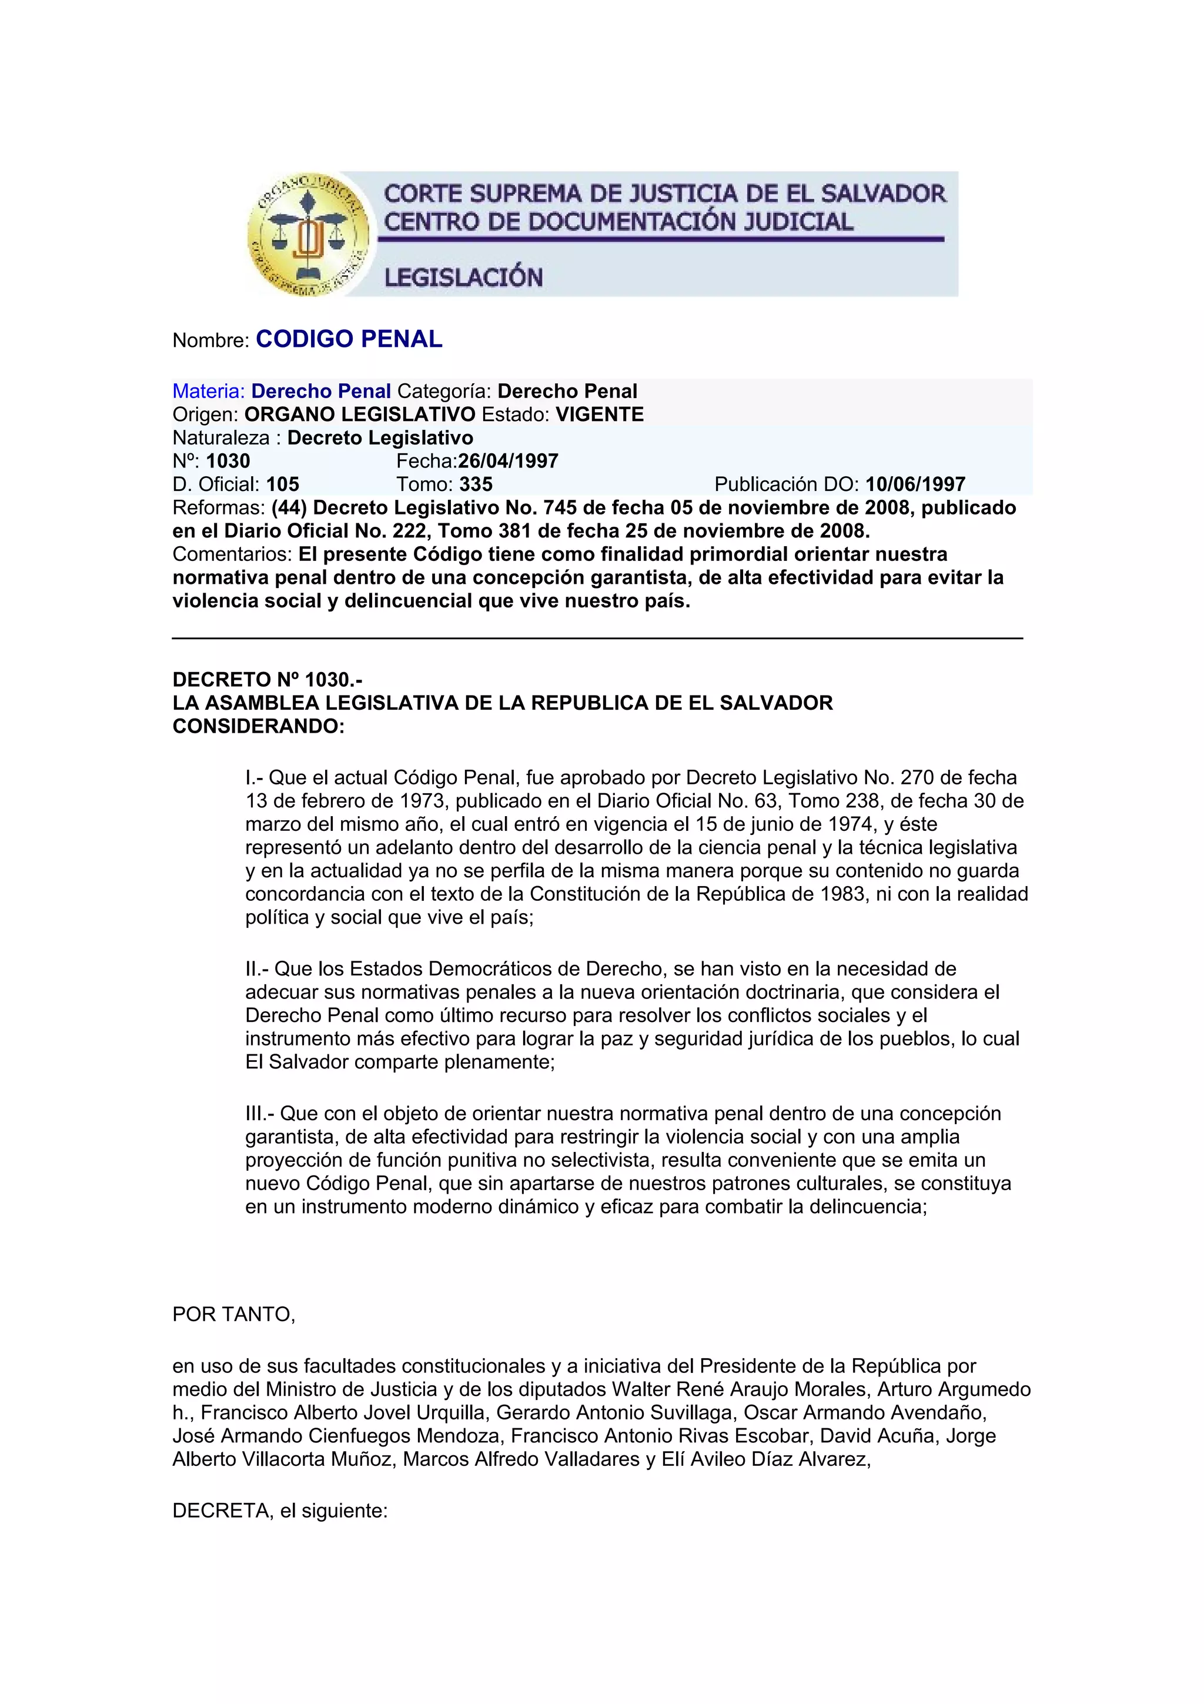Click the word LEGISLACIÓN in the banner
click(x=463, y=278)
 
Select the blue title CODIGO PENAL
click(x=349, y=339)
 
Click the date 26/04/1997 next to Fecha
click(x=508, y=461)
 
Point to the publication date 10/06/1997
click(x=915, y=485)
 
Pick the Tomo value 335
click(x=476, y=485)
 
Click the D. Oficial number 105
click(x=283, y=485)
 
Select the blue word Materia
click(x=208, y=391)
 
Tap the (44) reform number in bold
click(x=289, y=507)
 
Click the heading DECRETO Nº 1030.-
click(x=267, y=679)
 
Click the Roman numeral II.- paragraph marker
click(x=257, y=968)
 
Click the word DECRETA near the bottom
click(x=221, y=1511)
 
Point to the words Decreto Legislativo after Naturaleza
click(x=380, y=438)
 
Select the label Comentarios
click(x=232, y=554)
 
